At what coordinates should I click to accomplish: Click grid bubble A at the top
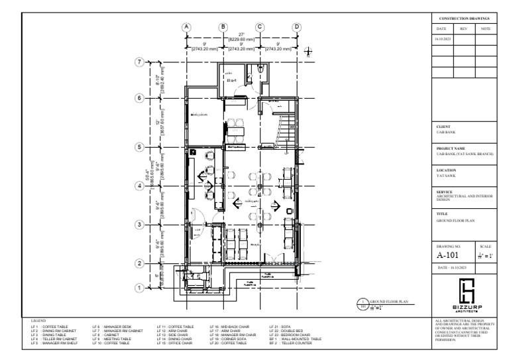[x=187, y=27]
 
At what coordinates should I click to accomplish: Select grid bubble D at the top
[x=297, y=27]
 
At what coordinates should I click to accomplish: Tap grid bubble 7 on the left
[x=139, y=62]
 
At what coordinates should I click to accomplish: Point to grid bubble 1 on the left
[x=139, y=288]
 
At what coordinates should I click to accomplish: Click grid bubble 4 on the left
[x=139, y=186]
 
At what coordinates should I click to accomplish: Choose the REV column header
[x=463, y=29]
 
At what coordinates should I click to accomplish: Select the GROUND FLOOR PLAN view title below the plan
[x=387, y=302]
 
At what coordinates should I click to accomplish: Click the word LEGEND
[x=38, y=320]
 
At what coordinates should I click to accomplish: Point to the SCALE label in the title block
[x=484, y=245]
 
